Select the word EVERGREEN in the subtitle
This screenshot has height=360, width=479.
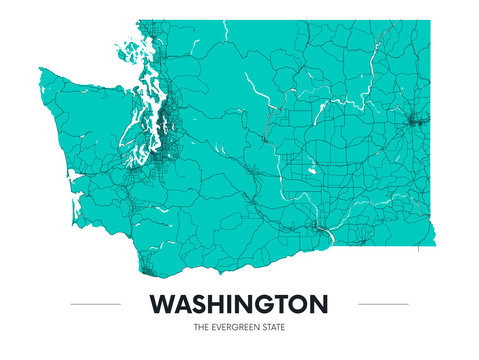tap(239, 327)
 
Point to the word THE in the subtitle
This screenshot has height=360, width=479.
tap(203, 327)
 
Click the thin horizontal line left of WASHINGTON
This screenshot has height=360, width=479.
tap(96, 303)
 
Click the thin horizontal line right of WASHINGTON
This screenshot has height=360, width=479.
tap(383, 303)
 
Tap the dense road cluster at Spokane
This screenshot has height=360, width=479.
tap(413, 122)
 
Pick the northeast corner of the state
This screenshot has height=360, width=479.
tap(432, 22)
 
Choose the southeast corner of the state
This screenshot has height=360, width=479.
tap(435, 245)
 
